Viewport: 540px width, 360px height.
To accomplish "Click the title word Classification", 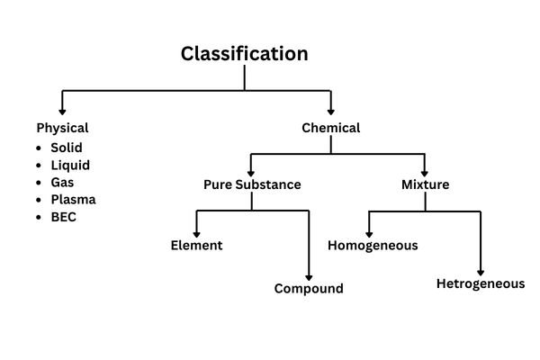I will [244, 54].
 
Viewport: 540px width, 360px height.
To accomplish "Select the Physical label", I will [62, 128].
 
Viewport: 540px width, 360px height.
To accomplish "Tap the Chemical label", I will [330, 128].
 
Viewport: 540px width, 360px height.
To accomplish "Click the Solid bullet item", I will [68, 148].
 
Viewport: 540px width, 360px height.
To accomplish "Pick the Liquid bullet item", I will [70, 165].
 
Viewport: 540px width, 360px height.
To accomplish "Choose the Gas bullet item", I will [63, 182].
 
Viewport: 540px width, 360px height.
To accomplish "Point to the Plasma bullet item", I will [73, 199].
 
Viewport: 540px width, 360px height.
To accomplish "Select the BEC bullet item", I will [64, 216].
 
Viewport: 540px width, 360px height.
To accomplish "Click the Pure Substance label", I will [252, 185].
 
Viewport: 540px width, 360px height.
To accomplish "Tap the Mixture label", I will [425, 185].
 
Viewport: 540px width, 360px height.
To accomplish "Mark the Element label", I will [196, 245].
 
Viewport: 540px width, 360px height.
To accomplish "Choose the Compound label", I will [309, 289].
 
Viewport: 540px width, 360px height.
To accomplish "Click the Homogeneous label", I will [373, 245].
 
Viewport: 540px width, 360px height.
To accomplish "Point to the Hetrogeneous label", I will [480, 283].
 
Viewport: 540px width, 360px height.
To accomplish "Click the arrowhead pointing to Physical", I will [62, 108].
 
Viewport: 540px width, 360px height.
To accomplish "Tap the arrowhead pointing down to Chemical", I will [330, 108].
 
